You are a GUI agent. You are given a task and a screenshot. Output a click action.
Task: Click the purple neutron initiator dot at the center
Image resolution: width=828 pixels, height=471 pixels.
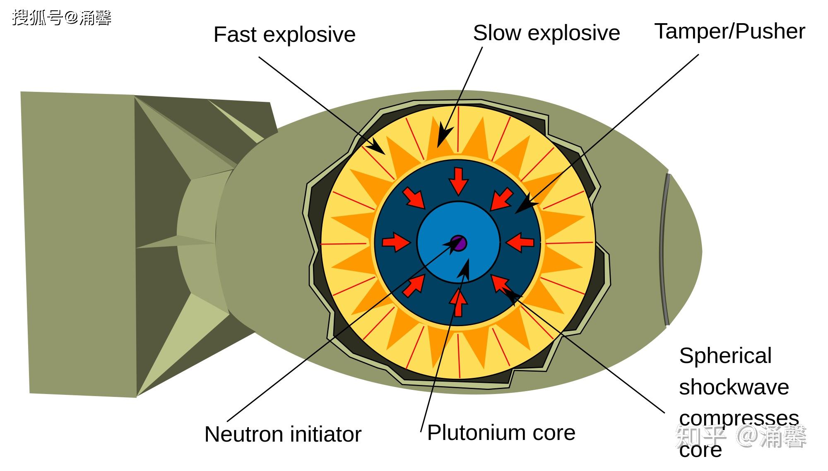tap(459, 243)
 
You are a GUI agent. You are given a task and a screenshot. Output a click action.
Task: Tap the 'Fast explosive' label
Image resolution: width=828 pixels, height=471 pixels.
tap(284, 34)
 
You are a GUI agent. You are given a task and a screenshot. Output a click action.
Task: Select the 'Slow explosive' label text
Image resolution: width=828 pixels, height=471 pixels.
tap(546, 33)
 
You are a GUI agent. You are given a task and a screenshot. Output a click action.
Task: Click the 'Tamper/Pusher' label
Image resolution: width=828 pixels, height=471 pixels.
tap(729, 31)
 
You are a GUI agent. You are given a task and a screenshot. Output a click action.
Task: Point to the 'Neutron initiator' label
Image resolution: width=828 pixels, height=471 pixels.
tap(283, 434)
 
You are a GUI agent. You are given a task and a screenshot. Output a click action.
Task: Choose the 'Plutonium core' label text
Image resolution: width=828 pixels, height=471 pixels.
tap(501, 433)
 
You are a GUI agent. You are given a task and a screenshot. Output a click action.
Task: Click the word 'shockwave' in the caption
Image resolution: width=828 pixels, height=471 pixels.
tap(734, 387)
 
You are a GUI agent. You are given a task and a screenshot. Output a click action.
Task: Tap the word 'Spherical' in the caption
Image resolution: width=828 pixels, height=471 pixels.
tap(725, 356)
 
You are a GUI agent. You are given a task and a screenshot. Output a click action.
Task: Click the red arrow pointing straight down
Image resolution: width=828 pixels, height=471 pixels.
tap(458, 181)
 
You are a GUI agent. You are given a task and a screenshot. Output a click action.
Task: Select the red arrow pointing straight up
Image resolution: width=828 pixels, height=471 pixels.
tap(458, 303)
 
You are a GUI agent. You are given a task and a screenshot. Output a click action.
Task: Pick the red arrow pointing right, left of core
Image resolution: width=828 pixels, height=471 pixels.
tap(396, 242)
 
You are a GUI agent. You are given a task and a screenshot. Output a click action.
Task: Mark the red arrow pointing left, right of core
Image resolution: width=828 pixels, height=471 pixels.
tap(520, 242)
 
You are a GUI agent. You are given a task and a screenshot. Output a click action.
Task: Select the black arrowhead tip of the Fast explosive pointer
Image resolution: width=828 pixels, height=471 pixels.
tap(385, 155)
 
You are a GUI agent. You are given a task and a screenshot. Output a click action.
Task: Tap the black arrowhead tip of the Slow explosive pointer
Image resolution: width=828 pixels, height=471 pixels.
tap(438, 147)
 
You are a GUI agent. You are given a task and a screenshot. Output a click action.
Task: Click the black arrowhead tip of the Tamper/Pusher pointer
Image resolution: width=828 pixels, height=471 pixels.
tap(515, 213)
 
